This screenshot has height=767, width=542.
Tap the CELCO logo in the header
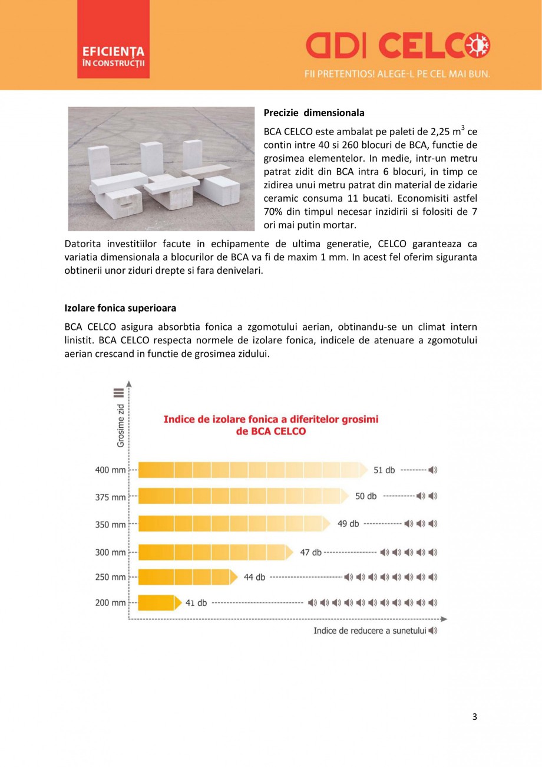[398, 46]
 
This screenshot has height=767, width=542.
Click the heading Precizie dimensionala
[314, 113]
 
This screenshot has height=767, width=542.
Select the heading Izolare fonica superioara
[120, 308]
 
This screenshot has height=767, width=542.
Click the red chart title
[270, 425]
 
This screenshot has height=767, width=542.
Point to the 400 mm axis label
[110, 470]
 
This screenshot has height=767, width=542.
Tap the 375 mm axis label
[110, 497]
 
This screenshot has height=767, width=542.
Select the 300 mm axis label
[110, 553]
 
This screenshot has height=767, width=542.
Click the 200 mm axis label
[110, 603]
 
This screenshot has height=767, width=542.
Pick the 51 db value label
[384, 470]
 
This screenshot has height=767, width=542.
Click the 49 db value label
[348, 523]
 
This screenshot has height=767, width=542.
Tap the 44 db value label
[255, 577]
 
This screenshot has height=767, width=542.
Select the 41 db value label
[196, 603]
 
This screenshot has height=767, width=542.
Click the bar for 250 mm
[186, 576]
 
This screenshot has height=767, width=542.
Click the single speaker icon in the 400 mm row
[433, 470]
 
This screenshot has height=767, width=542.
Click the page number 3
[474, 717]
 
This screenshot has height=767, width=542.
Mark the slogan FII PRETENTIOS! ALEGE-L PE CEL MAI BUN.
[397, 74]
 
